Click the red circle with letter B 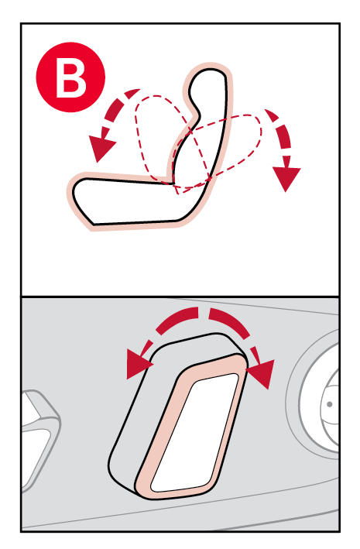click(x=70, y=77)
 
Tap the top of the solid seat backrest click(x=209, y=71)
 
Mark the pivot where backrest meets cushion click(x=173, y=183)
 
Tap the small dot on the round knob click(x=329, y=404)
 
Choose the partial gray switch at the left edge click(x=39, y=437)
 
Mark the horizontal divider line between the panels click(x=180, y=297)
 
